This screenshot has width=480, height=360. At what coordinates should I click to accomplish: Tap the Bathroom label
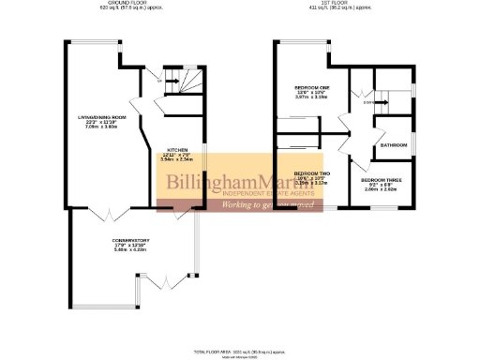pos(394,145)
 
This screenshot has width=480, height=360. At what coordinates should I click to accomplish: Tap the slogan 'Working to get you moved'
pos(266,203)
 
